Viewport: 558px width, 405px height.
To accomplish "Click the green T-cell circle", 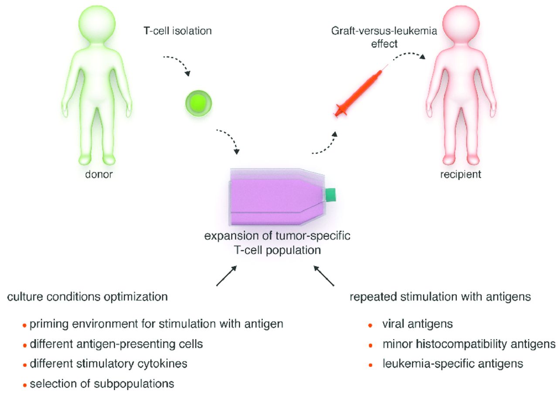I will (x=198, y=103).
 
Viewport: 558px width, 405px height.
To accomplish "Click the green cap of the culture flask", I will (x=330, y=194).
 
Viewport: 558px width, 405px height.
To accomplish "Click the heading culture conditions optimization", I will (x=87, y=297).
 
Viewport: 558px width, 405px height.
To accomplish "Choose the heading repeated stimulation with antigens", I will (x=440, y=297).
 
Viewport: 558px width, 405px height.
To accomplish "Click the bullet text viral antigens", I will (x=418, y=324).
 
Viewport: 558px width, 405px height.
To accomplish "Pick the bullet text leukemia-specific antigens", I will (x=453, y=364).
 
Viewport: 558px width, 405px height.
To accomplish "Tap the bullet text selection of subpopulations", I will (x=102, y=384).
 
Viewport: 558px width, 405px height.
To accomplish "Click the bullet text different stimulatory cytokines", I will (x=109, y=364).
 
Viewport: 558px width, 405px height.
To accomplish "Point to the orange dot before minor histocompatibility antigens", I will (x=370, y=345).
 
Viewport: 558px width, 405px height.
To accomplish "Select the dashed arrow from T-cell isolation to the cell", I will (x=179, y=65).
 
